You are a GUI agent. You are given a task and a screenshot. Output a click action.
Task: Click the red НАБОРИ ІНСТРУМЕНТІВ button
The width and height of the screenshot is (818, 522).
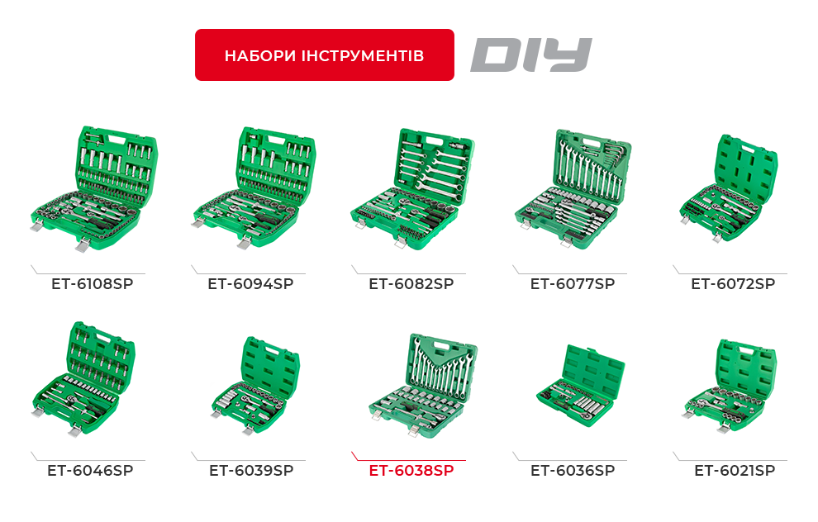[x=324, y=55]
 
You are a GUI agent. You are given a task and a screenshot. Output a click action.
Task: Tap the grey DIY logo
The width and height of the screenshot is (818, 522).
[x=530, y=55]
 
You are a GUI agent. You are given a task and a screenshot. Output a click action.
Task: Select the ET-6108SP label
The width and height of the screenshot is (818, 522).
[x=92, y=284]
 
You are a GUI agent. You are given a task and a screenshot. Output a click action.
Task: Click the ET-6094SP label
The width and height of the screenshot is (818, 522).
[x=250, y=284]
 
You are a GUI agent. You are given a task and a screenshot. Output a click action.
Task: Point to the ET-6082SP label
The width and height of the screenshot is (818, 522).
[x=411, y=284]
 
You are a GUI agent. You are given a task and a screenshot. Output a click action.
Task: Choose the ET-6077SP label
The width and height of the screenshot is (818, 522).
[x=572, y=284]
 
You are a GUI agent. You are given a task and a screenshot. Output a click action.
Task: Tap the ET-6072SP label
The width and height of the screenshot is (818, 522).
[x=733, y=284]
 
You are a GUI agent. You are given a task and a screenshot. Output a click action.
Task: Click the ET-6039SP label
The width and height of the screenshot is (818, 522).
[x=251, y=471]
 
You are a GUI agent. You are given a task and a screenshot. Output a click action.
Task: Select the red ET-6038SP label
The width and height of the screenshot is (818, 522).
[x=411, y=471]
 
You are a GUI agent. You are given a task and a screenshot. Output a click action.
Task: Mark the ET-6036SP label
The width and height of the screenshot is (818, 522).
[x=572, y=471]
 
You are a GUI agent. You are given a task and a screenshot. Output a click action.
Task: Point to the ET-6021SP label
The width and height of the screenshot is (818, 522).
[x=735, y=471]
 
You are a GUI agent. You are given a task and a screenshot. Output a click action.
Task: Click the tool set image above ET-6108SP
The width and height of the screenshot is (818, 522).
[x=93, y=188]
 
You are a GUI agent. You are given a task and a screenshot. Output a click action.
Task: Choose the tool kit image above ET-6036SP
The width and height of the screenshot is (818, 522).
[x=578, y=381]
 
